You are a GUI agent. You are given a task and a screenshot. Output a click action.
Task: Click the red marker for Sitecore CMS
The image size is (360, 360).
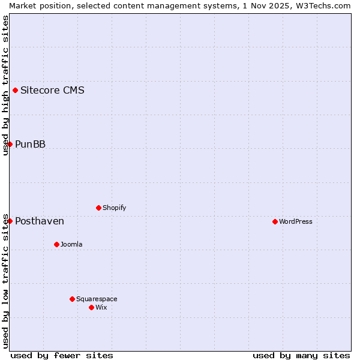pos(15,91)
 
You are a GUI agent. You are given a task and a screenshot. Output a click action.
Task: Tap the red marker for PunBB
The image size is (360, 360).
pos(10,144)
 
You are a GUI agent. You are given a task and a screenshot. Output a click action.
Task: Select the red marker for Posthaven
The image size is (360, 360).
pos(10,221)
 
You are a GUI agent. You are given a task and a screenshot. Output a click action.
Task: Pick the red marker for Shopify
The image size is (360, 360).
pos(98,208)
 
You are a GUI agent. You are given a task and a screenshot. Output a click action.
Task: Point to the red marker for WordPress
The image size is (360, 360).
pos(275,221)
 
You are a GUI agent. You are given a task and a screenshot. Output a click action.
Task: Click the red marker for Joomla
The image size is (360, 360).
pos(56,244)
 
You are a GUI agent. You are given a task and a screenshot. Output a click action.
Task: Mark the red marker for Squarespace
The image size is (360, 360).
pos(72,299)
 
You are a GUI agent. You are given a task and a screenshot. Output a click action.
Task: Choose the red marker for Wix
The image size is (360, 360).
pos(91,307)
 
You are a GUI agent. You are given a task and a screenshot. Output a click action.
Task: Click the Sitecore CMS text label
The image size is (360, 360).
pos(52,91)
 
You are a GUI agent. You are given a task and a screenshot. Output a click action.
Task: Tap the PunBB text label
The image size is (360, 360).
pos(30,144)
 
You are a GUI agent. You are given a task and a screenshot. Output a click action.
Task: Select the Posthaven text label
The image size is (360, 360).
pos(40,221)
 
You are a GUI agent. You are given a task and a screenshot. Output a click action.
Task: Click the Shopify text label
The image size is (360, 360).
pos(114,208)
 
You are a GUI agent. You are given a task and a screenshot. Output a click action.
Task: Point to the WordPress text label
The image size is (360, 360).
pos(295,221)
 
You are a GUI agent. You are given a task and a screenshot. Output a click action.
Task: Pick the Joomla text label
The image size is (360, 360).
pos(71,244)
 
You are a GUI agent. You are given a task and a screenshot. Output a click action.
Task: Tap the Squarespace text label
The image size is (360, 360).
pos(97,299)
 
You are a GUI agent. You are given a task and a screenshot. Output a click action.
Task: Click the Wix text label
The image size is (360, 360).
pos(101,307)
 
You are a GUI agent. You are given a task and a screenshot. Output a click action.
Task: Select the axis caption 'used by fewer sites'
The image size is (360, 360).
pos(62,355)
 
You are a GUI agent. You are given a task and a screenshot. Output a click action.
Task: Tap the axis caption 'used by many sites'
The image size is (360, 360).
pos(301,355)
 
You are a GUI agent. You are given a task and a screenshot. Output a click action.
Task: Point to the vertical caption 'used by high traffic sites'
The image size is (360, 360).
pos(5,85)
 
